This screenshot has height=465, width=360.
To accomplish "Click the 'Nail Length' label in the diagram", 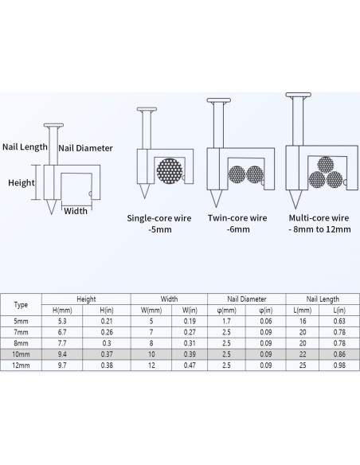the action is [x=25, y=147].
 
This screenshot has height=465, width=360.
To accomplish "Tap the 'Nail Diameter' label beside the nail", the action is [x=85, y=148].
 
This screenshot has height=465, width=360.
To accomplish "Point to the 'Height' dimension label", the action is [x=22, y=182].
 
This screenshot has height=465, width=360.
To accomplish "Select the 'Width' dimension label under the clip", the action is [x=76, y=211].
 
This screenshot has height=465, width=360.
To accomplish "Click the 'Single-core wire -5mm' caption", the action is [x=159, y=224].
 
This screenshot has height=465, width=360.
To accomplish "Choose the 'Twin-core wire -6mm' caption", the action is [x=237, y=224].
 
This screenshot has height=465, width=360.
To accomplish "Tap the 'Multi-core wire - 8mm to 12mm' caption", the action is [x=319, y=224].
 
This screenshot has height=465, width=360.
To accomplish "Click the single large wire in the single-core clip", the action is [x=170, y=171].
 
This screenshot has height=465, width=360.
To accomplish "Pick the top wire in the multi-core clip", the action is [x=326, y=165].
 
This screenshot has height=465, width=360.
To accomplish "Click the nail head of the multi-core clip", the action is [x=299, y=95].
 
